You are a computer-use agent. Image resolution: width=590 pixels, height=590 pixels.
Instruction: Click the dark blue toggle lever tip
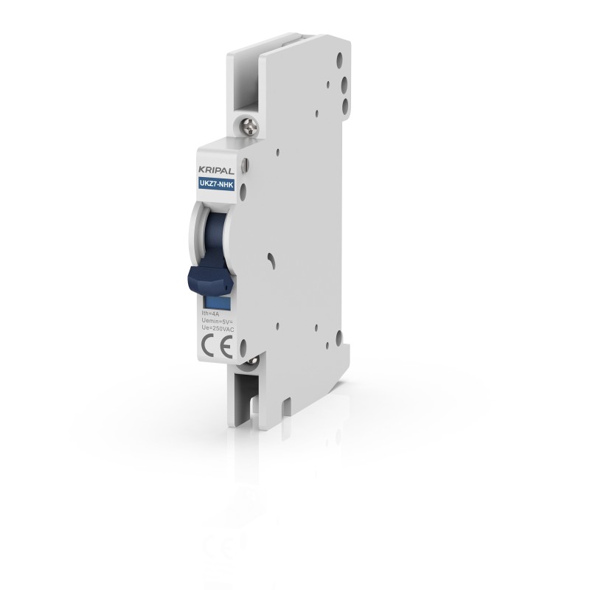tap(206, 279)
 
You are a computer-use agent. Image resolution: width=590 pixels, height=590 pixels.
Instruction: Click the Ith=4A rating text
tap(210, 315)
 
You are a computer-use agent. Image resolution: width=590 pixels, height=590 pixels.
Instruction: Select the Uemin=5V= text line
tap(215, 322)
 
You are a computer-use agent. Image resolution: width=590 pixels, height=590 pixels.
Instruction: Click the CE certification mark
tap(213, 347)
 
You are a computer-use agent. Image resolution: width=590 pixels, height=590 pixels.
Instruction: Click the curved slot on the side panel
tap(273, 259)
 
